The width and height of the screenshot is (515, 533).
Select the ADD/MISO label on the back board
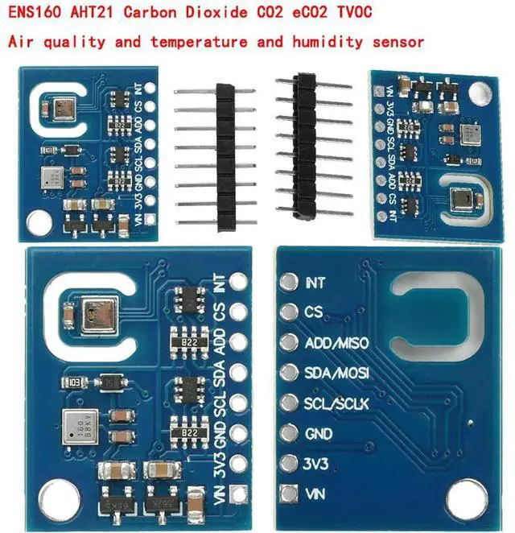tap(336, 344)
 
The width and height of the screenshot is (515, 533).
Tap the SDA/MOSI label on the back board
tap(336, 374)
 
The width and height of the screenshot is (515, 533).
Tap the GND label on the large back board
tap(319, 433)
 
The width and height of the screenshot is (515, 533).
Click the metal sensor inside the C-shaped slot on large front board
tap(101, 314)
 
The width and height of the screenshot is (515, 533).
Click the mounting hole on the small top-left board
tap(36, 218)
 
